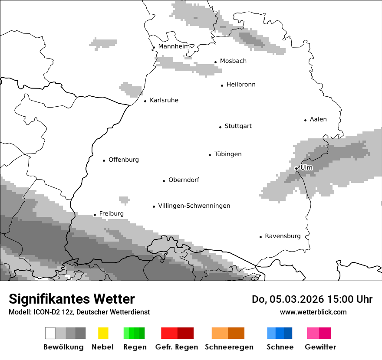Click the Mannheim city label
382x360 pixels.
point(174,46)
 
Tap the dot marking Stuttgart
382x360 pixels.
point(220,127)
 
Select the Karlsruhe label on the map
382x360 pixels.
point(164,100)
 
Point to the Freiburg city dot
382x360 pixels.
point(95,215)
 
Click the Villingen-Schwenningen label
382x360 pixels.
point(194,206)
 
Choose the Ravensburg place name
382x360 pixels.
point(283,236)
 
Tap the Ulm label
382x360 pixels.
point(306,167)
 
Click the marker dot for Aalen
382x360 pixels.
point(305,120)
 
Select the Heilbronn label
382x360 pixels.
point(241,85)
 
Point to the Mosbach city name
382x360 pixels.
point(233,61)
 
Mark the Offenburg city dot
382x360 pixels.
point(104,160)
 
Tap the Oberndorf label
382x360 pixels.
point(184,180)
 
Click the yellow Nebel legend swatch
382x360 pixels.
point(103,333)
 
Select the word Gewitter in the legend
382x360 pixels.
point(320,347)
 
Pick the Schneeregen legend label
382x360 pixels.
point(229,347)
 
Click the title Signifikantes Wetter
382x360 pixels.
point(72,299)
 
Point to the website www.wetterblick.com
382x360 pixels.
point(313,312)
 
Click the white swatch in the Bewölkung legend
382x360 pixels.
point(50,333)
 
